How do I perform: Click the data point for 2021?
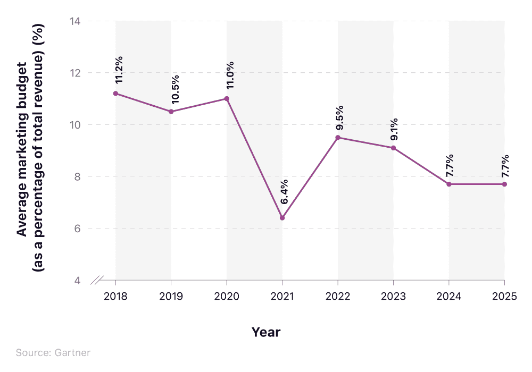tap(282, 218)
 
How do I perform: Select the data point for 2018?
tap(116, 94)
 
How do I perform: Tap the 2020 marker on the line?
tap(227, 99)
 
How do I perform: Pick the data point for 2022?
tap(338, 138)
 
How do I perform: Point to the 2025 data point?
tap(504, 184)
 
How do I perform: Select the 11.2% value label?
tap(119, 70)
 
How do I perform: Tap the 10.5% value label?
tap(174, 88)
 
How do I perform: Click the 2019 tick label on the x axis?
tap(171, 297)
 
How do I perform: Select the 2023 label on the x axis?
tap(393, 297)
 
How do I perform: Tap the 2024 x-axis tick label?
tap(449, 297)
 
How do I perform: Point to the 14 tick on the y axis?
tap(74, 21)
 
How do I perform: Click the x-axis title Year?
tap(266, 332)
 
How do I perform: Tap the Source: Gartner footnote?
tap(53, 353)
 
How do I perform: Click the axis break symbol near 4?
tap(98, 280)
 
